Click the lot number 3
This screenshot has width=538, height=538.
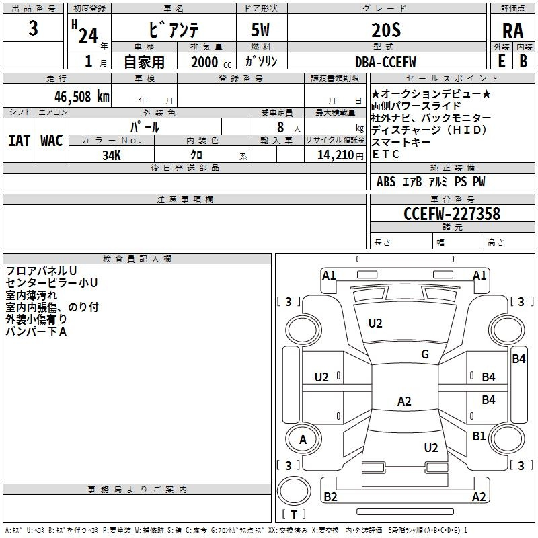(x=33, y=28)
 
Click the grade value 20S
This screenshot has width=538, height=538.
(x=386, y=30)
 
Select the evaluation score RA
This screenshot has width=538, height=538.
(x=513, y=31)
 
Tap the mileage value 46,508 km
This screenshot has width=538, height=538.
(x=81, y=97)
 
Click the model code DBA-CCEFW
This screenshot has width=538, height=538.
(x=385, y=62)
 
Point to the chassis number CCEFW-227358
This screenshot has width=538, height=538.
(x=452, y=213)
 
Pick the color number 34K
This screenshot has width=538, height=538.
(x=112, y=155)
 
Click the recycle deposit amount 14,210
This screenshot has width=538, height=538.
(x=335, y=155)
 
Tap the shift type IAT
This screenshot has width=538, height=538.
(x=20, y=141)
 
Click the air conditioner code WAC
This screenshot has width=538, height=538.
(x=52, y=141)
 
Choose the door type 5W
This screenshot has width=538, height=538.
(x=260, y=30)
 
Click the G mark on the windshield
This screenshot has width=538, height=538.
(x=425, y=354)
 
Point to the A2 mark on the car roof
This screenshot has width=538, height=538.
(x=404, y=401)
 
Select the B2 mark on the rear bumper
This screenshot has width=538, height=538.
(x=330, y=496)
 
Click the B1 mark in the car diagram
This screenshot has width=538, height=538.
(x=479, y=436)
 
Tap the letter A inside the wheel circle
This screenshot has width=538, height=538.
(x=303, y=440)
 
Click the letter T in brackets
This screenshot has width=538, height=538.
(x=294, y=514)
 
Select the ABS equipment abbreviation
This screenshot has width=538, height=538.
(x=386, y=182)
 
